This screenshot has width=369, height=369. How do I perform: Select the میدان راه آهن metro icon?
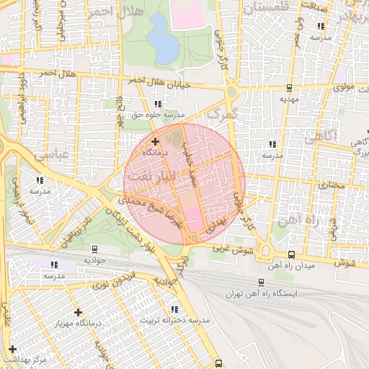point(291,254)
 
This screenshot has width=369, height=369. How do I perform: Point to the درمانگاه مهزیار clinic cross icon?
point(78,312)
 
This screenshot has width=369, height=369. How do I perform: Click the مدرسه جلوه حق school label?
point(159,115)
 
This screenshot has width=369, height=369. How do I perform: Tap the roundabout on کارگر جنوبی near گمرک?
point(232,92)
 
